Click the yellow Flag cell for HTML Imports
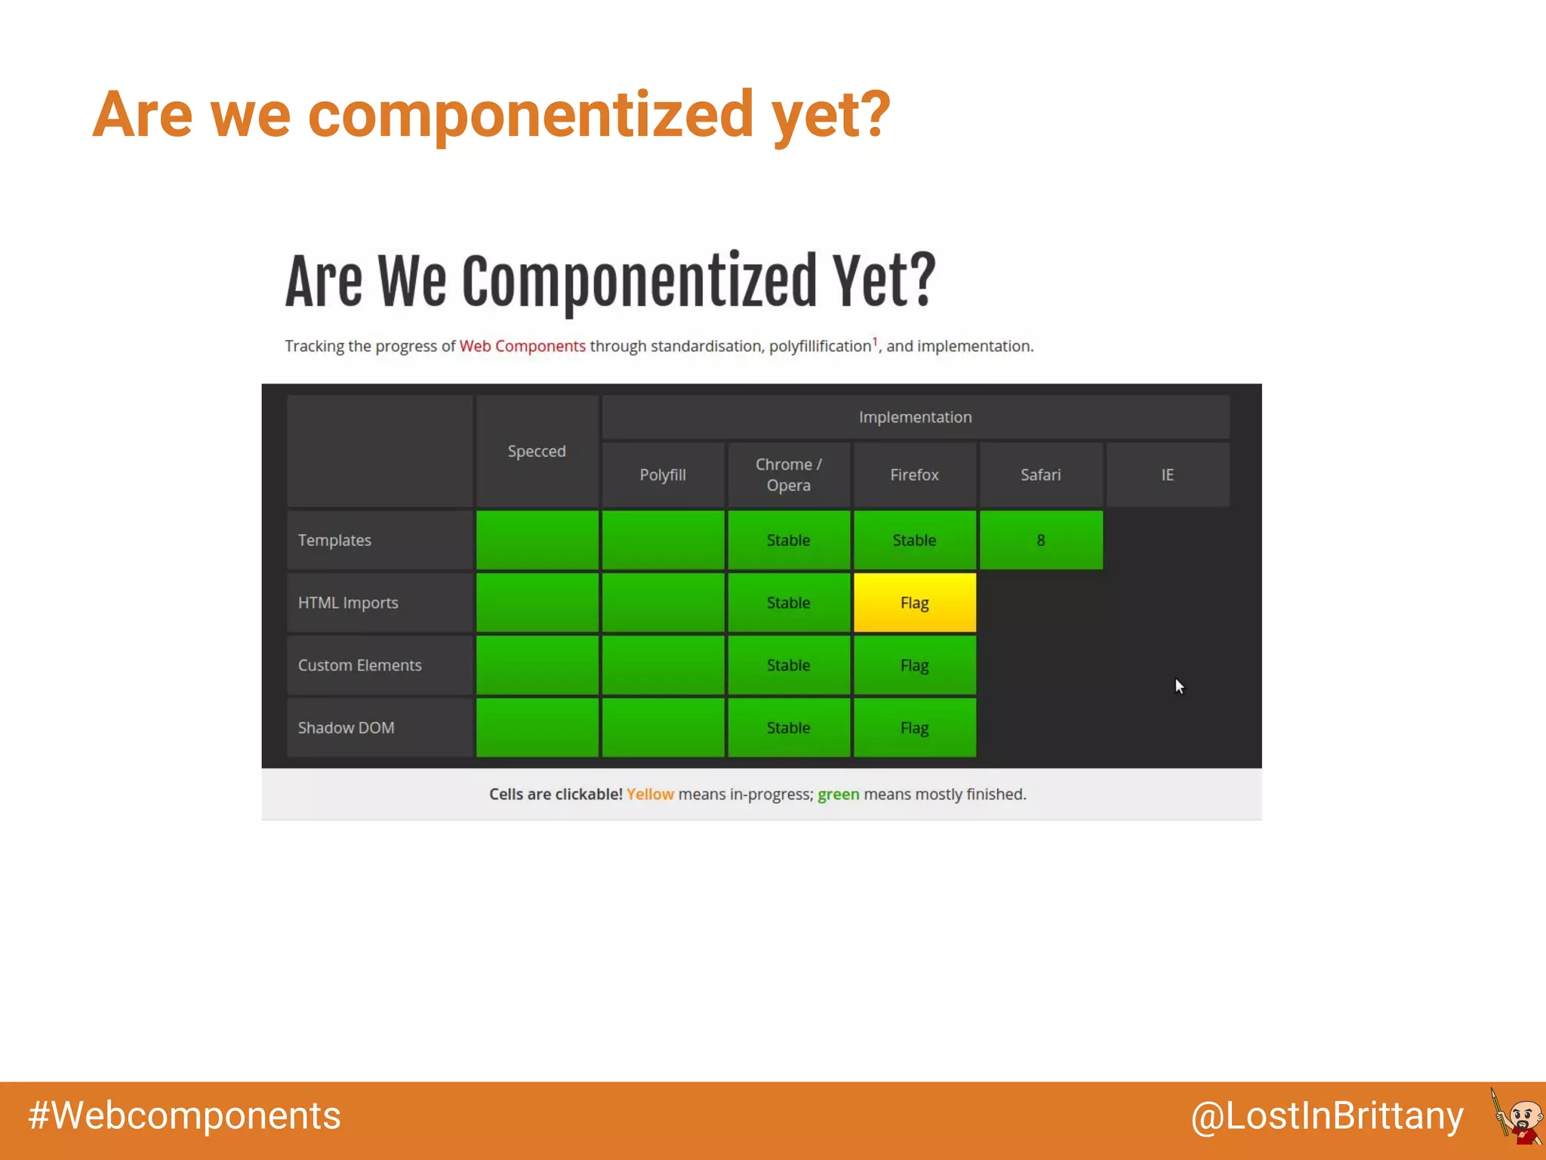click(914, 603)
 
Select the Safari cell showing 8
click(1040, 540)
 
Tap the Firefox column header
click(914, 475)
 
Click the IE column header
click(1167, 475)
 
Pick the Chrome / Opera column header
click(788, 475)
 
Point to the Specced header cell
click(537, 451)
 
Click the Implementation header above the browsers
click(915, 417)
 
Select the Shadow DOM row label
click(346, 728)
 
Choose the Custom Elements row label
click(359, 665)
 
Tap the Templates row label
click(334, 540)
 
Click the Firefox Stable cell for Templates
click(914, 540)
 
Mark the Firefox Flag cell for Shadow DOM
click(914, 728)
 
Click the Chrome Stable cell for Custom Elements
click(788, 665)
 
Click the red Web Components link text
click(522, 346)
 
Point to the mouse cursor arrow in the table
click(1179, 686)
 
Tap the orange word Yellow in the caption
click(650, 794)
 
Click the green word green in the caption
click(838, 794)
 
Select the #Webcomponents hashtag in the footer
click(184, 1115)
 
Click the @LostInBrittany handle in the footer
click(1327, 1115)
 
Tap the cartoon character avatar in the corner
click(1517, 1116)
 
